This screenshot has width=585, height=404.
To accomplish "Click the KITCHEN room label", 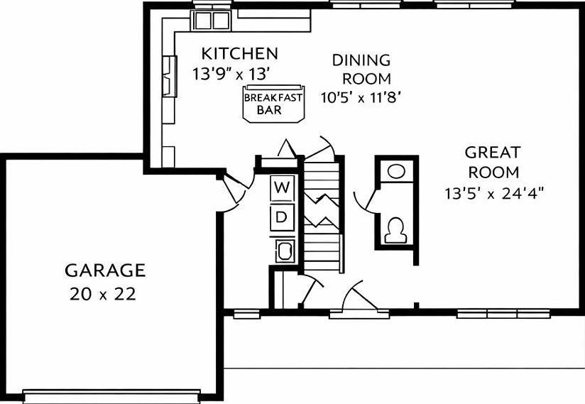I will pos(239,53).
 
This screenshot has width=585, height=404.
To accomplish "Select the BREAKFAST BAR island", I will pos(273,104).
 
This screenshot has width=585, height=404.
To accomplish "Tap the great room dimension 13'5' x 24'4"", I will pos(495,192).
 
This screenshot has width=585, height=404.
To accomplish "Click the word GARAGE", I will pos(105,271).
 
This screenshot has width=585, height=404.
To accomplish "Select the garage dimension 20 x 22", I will pos(103,294).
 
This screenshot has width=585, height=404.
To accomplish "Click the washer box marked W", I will pos(282,188).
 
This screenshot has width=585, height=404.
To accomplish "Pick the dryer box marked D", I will pos(282,217).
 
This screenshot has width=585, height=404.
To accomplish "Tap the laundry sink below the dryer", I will pos(285,251).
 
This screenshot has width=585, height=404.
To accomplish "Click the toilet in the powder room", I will pos(395,228).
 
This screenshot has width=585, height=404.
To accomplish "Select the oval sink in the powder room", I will pos(396,171).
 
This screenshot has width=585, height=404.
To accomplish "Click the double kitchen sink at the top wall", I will pos(212,21).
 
